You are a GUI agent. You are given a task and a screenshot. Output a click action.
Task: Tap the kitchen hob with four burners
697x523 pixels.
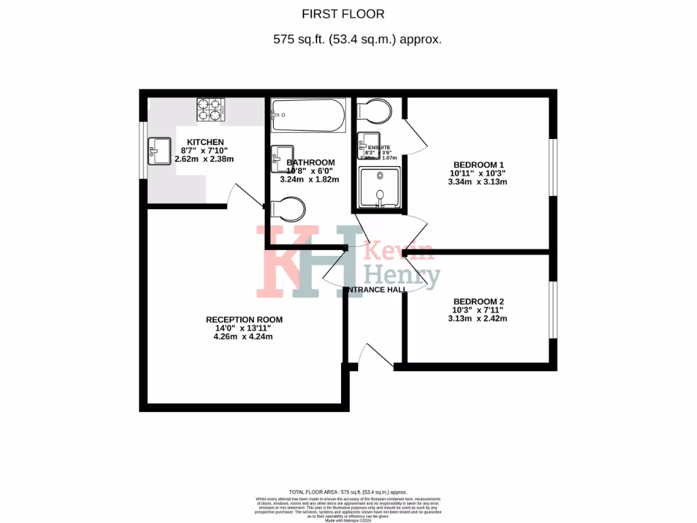[x=211, y=110]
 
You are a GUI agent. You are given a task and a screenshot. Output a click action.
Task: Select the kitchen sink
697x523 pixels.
[x=159, y=151]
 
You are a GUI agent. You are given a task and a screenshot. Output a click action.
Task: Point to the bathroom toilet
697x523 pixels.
[x=287, y=210]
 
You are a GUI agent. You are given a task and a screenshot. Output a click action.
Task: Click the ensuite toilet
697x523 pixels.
[x=374, y=110]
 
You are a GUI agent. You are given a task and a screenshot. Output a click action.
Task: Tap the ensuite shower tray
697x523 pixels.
[x=376, y=187]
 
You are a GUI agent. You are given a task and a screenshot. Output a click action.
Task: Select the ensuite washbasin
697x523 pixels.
[x=368, y=144]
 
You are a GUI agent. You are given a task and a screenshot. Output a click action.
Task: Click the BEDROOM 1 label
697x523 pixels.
[x=478, y=164]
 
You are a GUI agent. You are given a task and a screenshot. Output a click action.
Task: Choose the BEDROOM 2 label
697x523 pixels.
[x=478, y=301]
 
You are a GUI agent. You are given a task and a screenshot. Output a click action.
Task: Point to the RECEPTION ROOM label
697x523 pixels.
[x=244, y=319]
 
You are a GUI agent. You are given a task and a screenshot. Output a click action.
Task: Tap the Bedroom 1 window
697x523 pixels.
[x=553, y=170]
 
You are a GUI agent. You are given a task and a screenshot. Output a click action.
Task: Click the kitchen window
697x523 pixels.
[x=144, y=150]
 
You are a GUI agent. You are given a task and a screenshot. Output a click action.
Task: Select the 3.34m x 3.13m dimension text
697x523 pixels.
[x=478, y=182]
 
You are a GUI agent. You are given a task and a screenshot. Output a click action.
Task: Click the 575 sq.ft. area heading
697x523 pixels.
[x=357, y=39]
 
